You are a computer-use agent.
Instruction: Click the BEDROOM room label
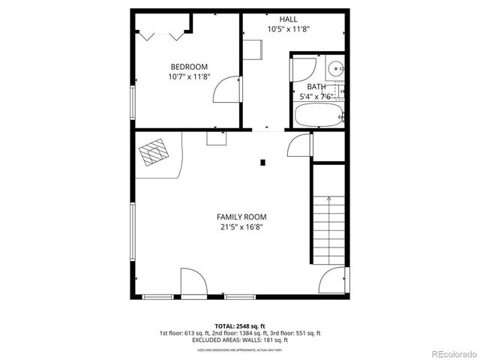coord(188,66)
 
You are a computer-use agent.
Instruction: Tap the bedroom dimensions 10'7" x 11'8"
coord(188,76)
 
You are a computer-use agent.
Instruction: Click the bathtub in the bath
coord(318,116)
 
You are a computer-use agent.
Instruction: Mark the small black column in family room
coord(262,161)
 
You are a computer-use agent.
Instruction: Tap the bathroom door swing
coord(301,70)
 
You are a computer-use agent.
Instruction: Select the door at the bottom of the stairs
coord(334,282)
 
